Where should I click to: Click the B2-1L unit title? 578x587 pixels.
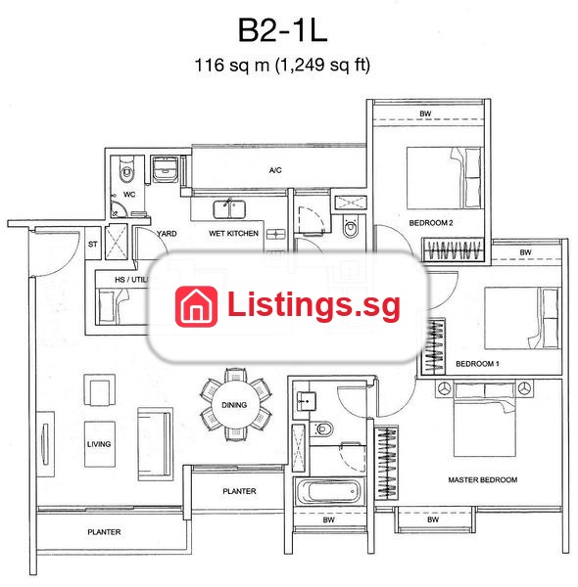click(282, 30)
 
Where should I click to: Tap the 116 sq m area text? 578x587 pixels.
click(232, 66)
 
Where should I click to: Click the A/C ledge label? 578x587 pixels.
click(275, 170)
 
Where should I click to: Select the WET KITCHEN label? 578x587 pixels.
click(233, 233)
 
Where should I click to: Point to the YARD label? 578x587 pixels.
click(167, 234)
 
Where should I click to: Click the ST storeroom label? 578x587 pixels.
click(93, 245)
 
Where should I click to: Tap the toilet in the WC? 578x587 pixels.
click(126, 170)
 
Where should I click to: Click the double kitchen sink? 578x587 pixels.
click(229, 209)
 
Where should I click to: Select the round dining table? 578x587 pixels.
click(234, 405)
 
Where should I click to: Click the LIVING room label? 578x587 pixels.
click(99, 444)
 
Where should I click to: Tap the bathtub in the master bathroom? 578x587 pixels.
click(328, 491)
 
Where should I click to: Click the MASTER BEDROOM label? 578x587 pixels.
click(483, 480)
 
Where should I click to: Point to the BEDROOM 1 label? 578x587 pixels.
click(477, 364)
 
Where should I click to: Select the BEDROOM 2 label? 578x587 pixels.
click(431, 223)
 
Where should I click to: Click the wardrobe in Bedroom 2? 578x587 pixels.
click(454, 249)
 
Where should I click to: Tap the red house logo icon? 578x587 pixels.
click(196, 306)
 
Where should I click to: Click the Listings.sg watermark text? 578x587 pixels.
click(313, 305)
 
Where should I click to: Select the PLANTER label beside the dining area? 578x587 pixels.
click(239, 491)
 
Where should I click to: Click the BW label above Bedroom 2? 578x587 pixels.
click(425, 113)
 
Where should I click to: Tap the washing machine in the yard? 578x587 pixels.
click(165, 169)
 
